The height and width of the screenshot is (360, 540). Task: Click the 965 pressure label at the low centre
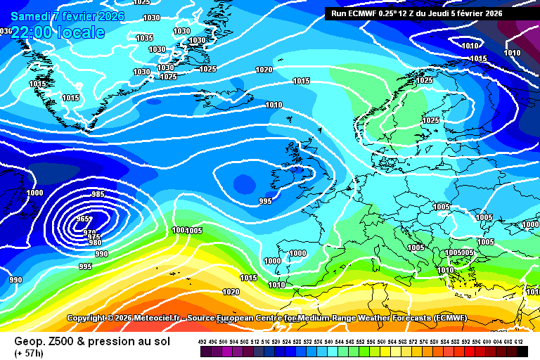point(84,219)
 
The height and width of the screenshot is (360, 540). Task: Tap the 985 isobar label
point(98,195)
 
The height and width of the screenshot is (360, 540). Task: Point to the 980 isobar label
point(96,243)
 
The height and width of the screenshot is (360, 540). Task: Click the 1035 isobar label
point(144,38)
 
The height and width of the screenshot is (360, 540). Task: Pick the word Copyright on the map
point(91,319)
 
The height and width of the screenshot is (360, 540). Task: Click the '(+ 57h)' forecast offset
point(29,352)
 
